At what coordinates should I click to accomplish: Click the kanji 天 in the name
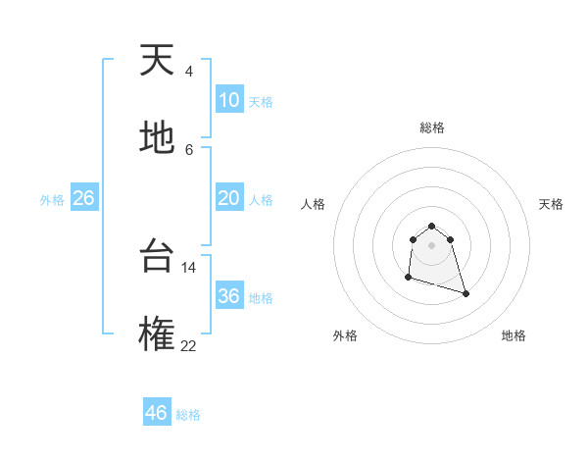(158, 62)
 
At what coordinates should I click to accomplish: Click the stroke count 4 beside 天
(188, 72)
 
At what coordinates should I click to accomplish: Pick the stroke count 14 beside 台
(189, 267)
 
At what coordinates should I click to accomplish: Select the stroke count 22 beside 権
(189, 345)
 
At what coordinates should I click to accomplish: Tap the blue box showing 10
(229, 100)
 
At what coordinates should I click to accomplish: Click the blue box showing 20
(229, 198)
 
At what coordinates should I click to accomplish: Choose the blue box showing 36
(229, 296)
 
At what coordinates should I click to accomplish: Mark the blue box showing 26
(83, 198)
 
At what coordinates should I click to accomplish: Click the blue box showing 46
(157, 412)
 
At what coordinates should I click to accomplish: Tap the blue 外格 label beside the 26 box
(52, 200)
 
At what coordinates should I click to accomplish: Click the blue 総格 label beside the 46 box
(188, 415)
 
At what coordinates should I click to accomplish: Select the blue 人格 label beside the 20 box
(261, 200)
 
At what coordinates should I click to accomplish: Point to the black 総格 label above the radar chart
(432, 128)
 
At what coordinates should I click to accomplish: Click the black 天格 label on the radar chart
(551, 204)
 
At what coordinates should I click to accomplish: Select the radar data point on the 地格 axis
(465, 293)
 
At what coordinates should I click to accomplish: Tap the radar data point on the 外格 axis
(408, 278)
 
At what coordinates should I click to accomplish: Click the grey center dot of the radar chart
(432, 245)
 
